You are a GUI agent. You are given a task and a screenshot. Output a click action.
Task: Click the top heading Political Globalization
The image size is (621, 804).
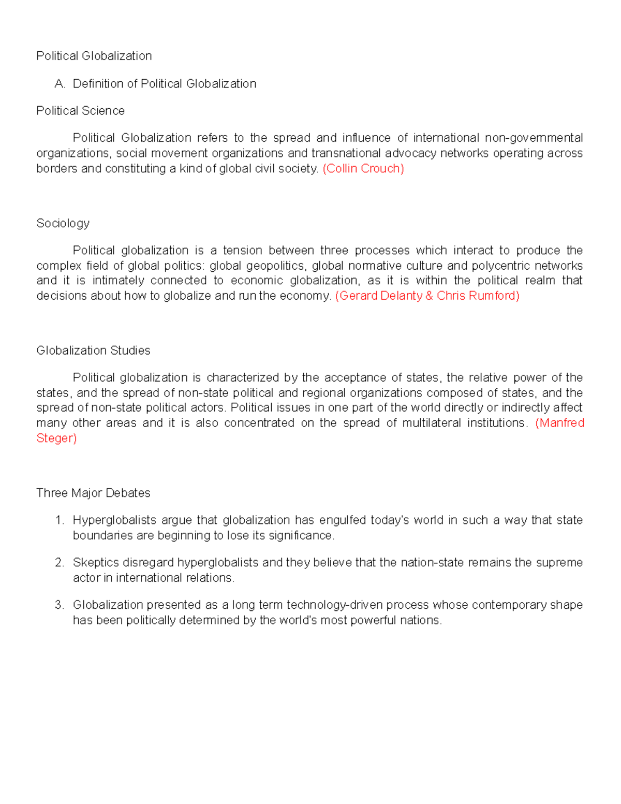point(94,56)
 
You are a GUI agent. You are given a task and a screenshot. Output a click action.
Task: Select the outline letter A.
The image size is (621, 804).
point(60,84)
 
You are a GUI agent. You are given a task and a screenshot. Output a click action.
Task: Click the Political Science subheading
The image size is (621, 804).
point(80,111)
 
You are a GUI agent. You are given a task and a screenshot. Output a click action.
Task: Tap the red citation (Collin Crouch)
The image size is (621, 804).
point(363,169)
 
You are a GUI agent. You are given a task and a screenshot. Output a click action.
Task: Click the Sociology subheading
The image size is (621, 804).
point(63,223)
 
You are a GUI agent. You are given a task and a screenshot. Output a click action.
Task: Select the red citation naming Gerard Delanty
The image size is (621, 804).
point(427,296)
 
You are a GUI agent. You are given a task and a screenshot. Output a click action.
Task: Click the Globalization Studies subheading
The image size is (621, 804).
point(93,350)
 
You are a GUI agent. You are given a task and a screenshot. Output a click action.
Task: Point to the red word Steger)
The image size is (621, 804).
point(56,438)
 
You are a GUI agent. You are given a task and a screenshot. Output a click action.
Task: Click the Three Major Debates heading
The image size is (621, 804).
point(93,493)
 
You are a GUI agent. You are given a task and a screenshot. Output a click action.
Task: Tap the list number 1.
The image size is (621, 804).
point(60,520)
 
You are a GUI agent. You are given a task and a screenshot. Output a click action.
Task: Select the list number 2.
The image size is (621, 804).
point(60,563)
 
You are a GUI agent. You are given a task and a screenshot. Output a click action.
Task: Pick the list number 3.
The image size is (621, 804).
point(60,605)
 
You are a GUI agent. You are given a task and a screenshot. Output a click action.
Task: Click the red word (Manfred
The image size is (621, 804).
point(559,423)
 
